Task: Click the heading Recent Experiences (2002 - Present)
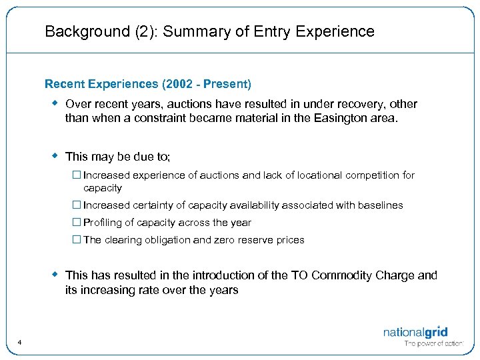coord(148,84)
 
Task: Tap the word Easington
coord(352,118)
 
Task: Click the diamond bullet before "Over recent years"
coord(56,103)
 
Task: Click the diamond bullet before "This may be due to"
coord(56,155)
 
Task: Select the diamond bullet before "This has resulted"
coord(56,274)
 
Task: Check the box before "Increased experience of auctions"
coord(77,175)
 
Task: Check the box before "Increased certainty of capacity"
coord(77,205)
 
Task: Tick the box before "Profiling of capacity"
coord(77,223)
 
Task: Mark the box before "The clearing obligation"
coord(77,240)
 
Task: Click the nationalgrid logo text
coord(415,332)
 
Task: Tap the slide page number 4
coord(20,343)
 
